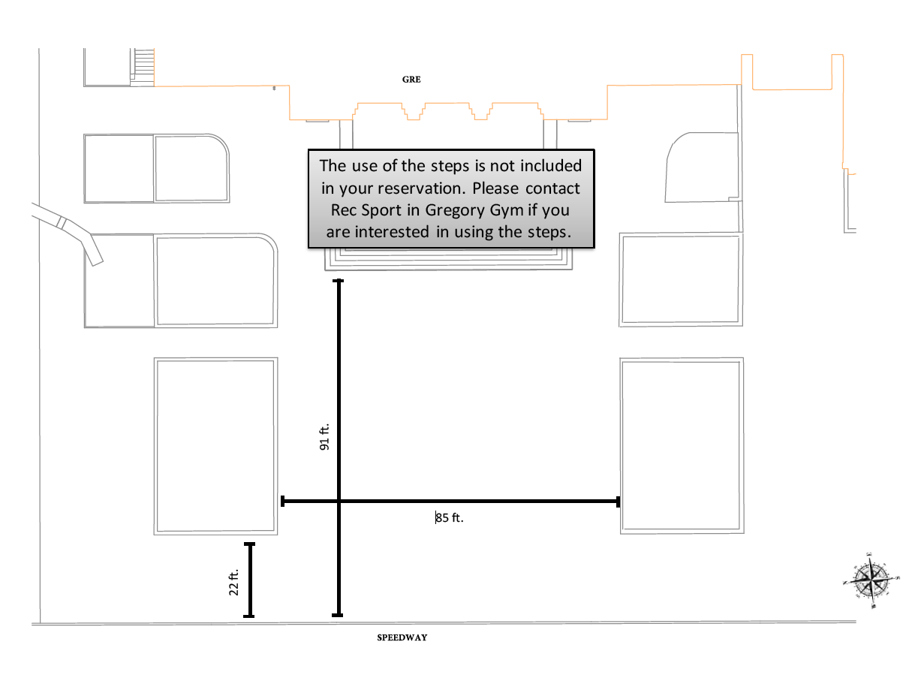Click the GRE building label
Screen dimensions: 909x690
tap(411, 79)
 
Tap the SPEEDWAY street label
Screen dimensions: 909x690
tap(402, 637)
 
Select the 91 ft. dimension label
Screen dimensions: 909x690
tap(324, 436)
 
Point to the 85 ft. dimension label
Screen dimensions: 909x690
tap(450, 517)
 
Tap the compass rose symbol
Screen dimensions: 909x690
tap(871, 580)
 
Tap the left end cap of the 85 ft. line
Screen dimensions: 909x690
tap(282, 501)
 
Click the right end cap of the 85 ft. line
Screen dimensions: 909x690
tap(618, 502)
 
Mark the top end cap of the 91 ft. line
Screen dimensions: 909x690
tap(338, 281)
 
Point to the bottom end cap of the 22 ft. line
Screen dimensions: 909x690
tap(248, 616)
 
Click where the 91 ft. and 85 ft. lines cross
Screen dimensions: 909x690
tap(339, 501)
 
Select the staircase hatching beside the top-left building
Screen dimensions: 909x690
tap(144, 68)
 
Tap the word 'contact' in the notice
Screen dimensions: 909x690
tap(552, 188)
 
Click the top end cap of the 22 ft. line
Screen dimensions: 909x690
tap(249, 544)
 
